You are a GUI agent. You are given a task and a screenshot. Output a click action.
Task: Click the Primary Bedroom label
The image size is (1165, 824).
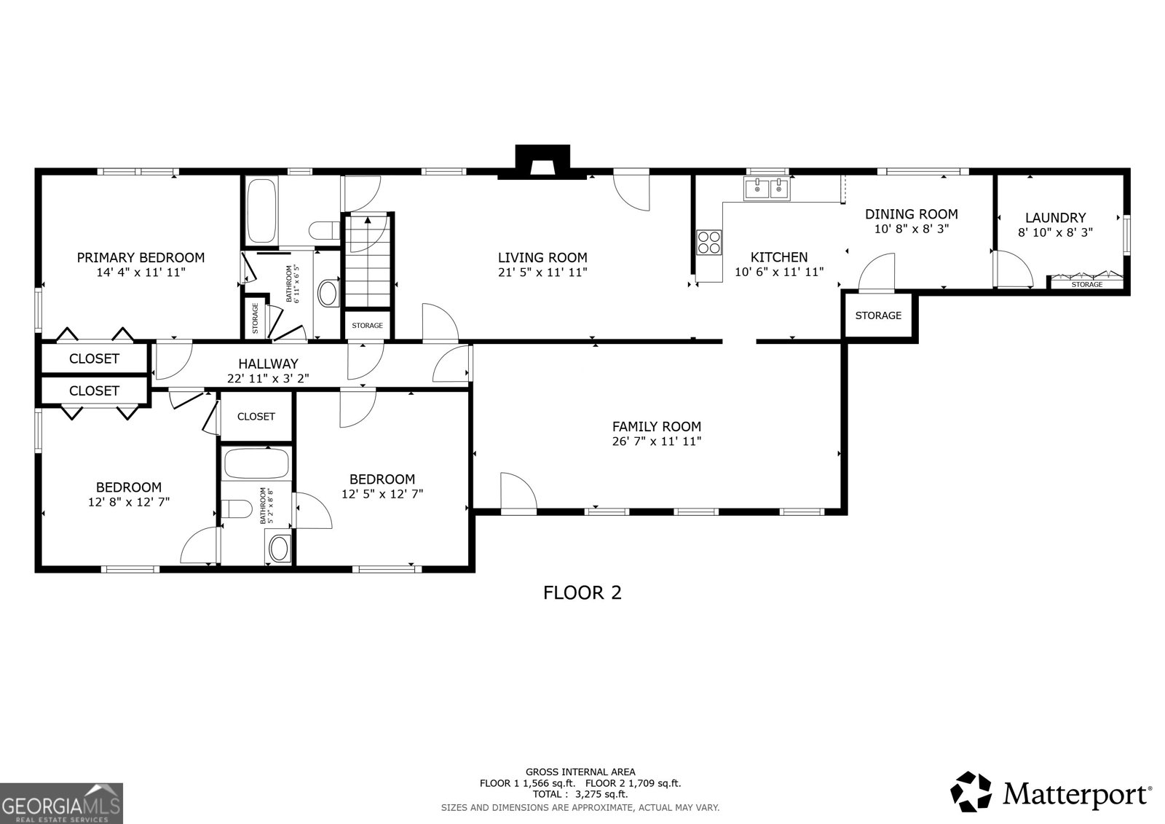(x=141, y=257)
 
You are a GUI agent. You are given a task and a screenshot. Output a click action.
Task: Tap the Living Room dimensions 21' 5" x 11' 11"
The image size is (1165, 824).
(x=542, y=272)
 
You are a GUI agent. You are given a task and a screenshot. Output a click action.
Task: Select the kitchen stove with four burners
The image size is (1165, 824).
(x=708, y=242)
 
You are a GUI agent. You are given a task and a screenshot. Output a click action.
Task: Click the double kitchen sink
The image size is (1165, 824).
(x=767, y=189)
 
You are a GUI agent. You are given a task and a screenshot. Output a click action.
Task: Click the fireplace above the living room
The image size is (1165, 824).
(x=542, y=162)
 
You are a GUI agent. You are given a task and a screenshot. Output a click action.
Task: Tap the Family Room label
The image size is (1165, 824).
(x=656, y=427)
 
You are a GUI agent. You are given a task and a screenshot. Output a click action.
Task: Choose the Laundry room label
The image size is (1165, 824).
(x=1055, y=218)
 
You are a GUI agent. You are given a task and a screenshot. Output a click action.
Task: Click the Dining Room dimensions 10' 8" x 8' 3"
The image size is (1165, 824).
(x=911, y=228)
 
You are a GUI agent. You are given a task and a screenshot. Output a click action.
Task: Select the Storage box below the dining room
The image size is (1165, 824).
(x=878, y=315)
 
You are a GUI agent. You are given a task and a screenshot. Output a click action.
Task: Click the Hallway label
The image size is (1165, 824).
(x=268, y=364)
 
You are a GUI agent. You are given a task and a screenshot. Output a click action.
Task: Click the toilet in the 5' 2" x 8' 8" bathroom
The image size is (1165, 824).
(x=235, y=509)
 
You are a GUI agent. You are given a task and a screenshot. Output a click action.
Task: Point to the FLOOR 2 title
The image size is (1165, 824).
(x=582, y=593)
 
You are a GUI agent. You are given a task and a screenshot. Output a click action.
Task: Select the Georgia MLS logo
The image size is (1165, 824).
(x=61, y=803)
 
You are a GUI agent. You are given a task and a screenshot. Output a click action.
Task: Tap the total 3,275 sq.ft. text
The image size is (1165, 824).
(x=580, y=794)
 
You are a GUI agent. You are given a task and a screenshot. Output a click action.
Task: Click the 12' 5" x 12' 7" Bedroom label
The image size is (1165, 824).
(x=382, y=479)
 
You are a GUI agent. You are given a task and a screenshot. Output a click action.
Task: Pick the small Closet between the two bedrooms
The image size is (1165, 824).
(x=256, y=417)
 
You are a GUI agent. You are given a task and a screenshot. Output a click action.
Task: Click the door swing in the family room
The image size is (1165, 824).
(x=517, y=492)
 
